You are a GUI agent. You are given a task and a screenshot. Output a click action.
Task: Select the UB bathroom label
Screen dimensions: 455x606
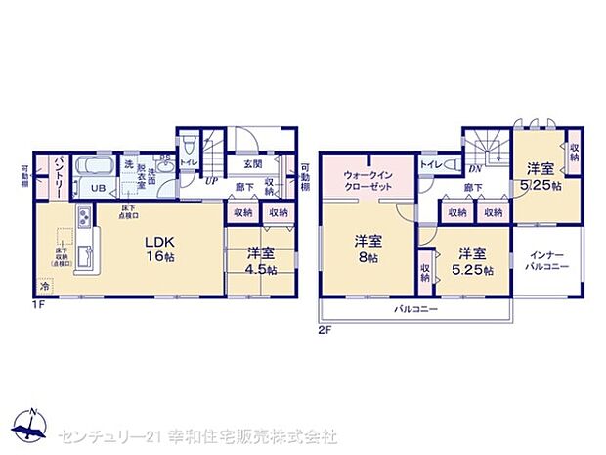pyautogui.click(x=98, y=187)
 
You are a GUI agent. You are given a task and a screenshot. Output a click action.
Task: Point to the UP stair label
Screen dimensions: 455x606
pyautogui.click(x=210, y=180)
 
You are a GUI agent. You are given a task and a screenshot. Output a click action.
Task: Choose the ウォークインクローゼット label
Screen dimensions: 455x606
pyautogui.click(x=368, y=182)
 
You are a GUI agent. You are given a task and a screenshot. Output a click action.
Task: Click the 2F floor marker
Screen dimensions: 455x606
pyautogui.click(x=326, y=329)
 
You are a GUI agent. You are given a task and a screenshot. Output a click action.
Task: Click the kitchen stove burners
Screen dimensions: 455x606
pyautogui.click(x=85, y=217)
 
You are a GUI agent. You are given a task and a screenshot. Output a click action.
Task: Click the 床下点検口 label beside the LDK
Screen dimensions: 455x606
pyautogui.click(x=129, y=211)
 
